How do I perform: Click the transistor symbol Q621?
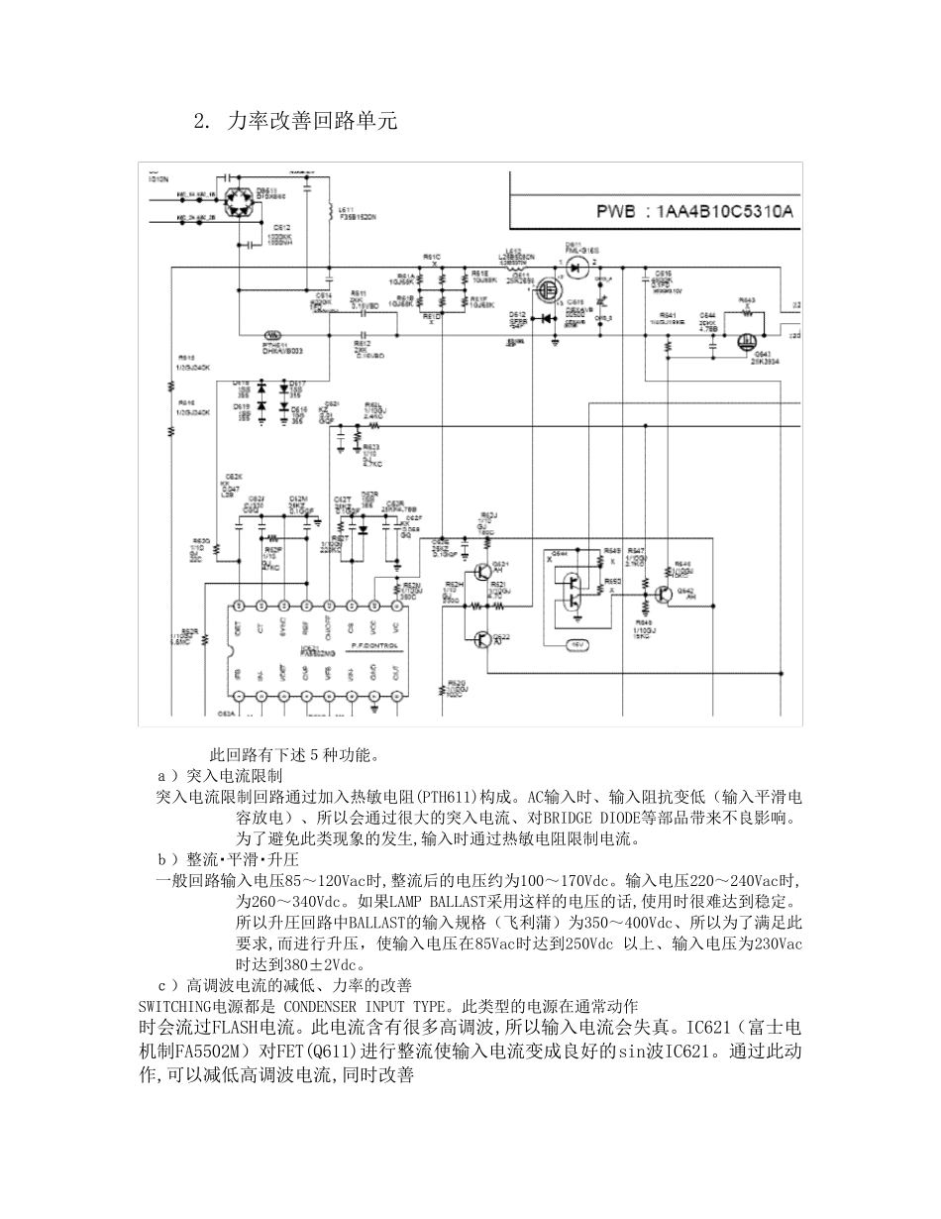coord(482,571)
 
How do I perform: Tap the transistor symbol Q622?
coord(482,640)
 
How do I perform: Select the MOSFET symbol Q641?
coord(747,341)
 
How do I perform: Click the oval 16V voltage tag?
coord(576,645)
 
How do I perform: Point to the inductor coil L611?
coord(330,213)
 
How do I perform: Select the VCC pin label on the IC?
coord(372,626)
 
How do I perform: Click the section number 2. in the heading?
coord(202,121)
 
